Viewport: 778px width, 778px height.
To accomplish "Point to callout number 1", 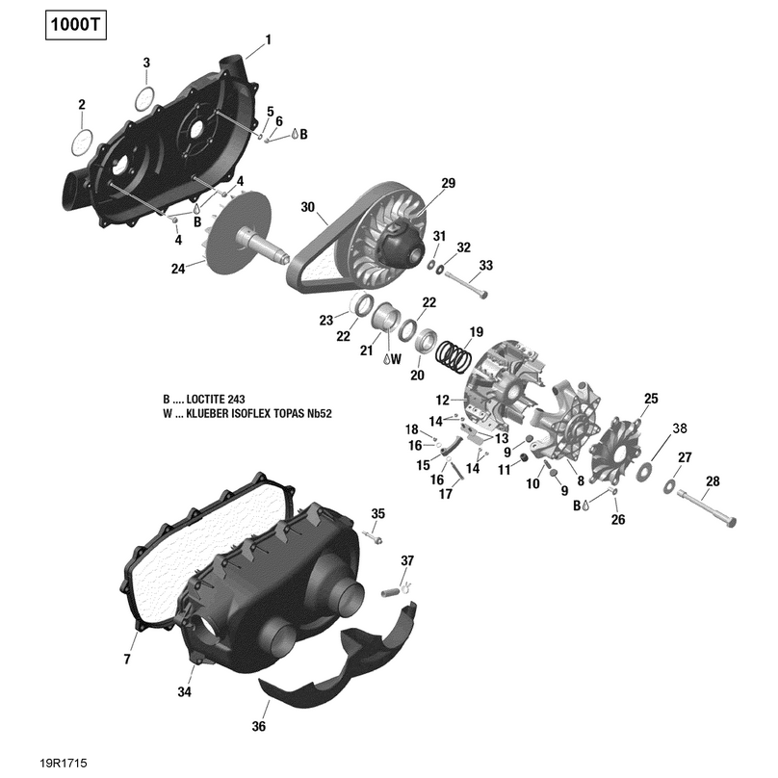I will (x=269, y=39).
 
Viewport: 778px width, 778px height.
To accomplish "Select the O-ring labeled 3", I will (x=144, y=97).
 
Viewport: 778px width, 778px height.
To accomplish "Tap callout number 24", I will (x=177, y=269).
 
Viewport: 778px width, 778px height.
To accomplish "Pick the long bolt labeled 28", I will (x=707, y=507).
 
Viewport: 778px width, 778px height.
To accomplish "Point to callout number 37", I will (x=407, y=560).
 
